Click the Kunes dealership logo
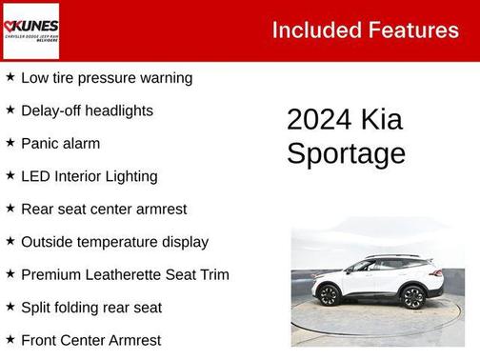pos(30,30)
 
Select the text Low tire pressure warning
pos(107,78)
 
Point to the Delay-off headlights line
pos(87,110)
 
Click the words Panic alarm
pos(60,144)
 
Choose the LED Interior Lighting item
pos(90,176)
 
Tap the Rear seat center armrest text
pos(104,209)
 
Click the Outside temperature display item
pos(114,242)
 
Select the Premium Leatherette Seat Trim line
pos(125,274)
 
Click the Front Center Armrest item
pos(90,340)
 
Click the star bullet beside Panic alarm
pos(10,143)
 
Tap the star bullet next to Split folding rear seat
pos(10,307)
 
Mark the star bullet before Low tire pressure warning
pos(10,77)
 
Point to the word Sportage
pos(346,154)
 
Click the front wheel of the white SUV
pos(329,296)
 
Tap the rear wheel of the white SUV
pos(413,297)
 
